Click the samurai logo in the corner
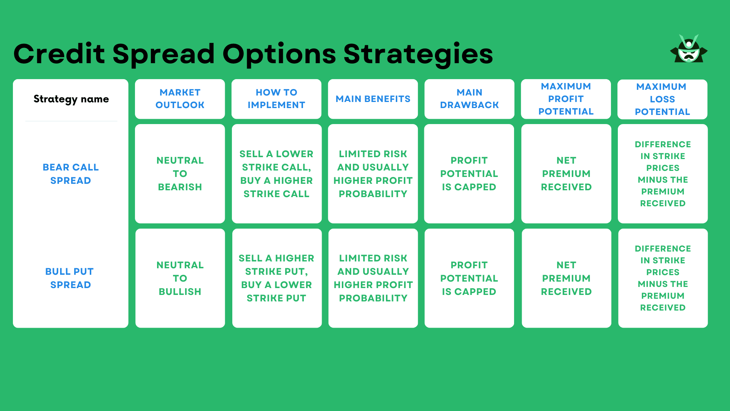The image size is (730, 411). coord(689,49)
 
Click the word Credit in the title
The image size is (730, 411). coord(59,54)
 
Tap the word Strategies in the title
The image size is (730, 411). coord(418,54)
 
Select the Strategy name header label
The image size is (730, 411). coord(71,99)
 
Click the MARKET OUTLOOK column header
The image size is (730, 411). coord(180,99)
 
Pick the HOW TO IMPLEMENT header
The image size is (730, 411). coord(276,99)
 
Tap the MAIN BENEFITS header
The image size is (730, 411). coord(373,99)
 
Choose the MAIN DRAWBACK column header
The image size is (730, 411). coord(469,99)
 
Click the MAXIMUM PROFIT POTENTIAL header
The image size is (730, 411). coord(566,99)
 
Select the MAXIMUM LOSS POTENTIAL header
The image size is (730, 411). coord(662,99)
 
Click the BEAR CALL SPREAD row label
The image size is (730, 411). coord(71,174)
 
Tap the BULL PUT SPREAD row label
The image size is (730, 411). coord(70,278)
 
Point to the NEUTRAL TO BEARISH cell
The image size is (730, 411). coord(180,174)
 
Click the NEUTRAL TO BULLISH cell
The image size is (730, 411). coord(180,278)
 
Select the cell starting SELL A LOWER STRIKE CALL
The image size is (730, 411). coord(276,174)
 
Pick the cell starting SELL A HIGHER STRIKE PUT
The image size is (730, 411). coord(276,278)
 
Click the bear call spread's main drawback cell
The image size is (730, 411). coord(469,174)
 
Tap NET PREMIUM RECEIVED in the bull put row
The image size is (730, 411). coord(566,278)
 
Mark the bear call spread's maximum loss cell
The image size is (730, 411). coord(662,174)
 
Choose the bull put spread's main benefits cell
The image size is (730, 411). coord(373,278)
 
